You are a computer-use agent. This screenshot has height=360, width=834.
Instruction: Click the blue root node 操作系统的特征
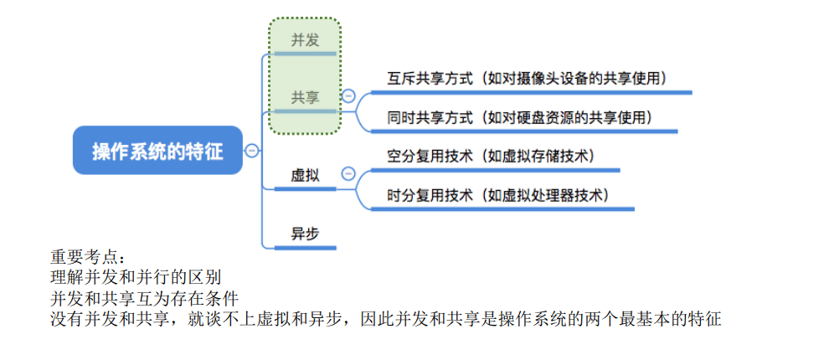click(157, 151)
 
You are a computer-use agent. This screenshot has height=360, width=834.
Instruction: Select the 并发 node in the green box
click(305, 39)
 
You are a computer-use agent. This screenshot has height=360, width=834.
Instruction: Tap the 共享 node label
click(305, 97)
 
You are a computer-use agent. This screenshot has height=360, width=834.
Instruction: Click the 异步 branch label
click(305, 234)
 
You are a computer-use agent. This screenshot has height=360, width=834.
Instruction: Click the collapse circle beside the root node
click(251, 151)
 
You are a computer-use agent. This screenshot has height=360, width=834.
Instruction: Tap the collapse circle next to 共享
click(348, 97)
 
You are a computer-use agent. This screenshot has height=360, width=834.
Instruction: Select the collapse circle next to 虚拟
click(348, 174)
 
